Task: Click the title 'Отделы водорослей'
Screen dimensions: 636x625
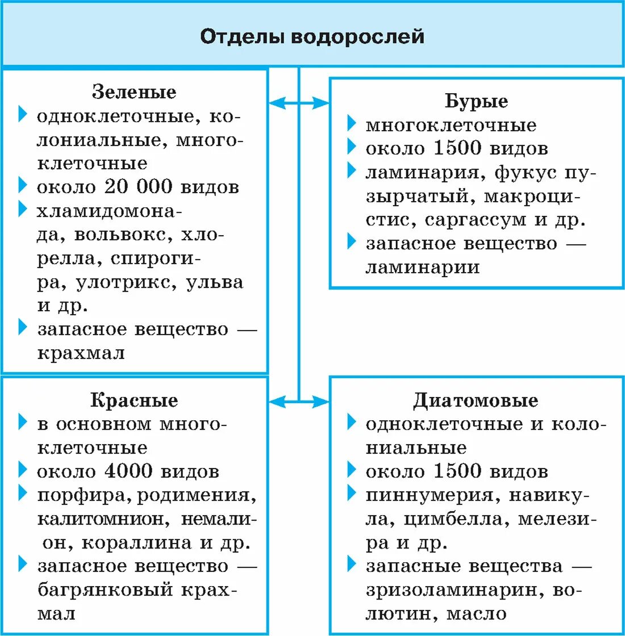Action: coord(312,37)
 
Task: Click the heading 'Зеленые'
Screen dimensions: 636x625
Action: coord(134,92)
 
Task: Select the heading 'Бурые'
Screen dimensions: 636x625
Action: coord(476,101)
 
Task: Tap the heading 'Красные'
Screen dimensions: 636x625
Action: coord(134,400)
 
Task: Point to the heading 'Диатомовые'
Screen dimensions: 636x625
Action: coord(476,400)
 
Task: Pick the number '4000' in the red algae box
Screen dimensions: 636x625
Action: coord(129,471)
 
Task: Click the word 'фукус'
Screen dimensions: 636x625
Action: coord(528,172)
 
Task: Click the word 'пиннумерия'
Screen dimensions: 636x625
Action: coord(430,495)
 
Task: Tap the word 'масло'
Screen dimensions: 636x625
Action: coord(476,614)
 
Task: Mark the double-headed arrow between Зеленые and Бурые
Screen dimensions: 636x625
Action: coord(299,103)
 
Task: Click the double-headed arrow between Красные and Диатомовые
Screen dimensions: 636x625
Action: coord(299,402)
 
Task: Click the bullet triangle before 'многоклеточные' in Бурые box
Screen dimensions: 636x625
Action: coord(352,124)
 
